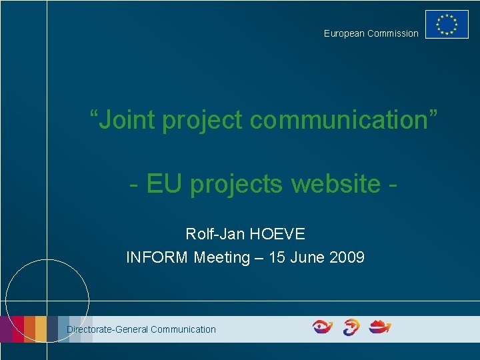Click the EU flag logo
pyautogui.click(x=447, y=25)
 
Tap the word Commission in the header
pyautogui.click(x=393, y=33)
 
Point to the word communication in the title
pyautogui.click(x=344, y=120)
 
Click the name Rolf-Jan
pyautogui.click(x=213, y=235)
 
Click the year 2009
pyautogui.click(x=347, y=257)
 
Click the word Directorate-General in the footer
pyautogui.click(x=107, y=329)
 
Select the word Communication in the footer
pyautogui.click(x=183, y=329)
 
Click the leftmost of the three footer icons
pyautogui.click(x=323, y=327)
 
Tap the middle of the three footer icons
pyautogui.click(x=351, y=327)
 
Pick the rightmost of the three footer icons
pyautogui.click(x=380, y=327)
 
